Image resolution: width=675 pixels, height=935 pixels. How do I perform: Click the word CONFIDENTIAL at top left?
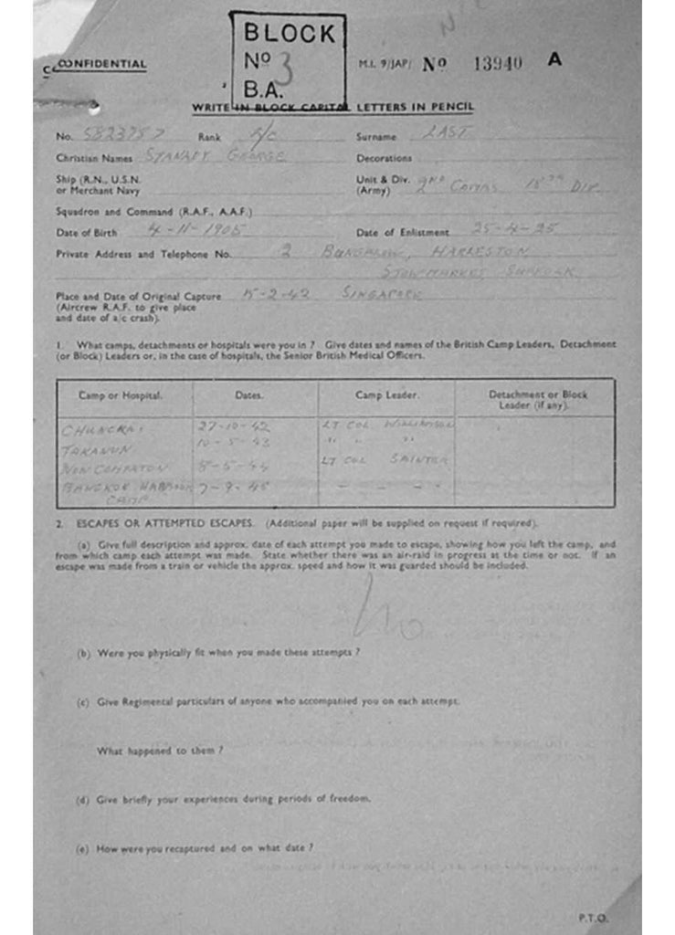pos(101,65)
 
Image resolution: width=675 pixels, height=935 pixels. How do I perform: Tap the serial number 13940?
pos(498,63)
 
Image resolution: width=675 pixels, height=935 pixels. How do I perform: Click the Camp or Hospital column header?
pos(121,395)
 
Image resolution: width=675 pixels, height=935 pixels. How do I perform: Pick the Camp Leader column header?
pos(386,395)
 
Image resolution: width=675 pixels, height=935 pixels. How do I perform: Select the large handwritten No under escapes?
pos(388,613)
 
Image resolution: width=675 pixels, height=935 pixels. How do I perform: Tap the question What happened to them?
pos(160,751)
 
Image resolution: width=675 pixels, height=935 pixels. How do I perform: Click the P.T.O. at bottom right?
pos(593,918)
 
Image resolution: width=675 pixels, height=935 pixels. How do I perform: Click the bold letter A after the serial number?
pos(554,60)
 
